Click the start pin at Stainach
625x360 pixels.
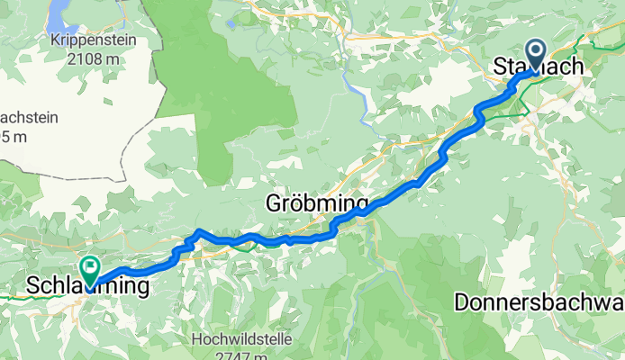534,55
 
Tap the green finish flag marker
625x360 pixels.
90,267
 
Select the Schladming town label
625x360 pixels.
86,287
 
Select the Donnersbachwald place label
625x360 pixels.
539,303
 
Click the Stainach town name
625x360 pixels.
550,67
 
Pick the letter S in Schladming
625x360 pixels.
33,287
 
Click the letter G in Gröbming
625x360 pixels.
274,204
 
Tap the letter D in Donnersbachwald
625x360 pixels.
460,303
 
